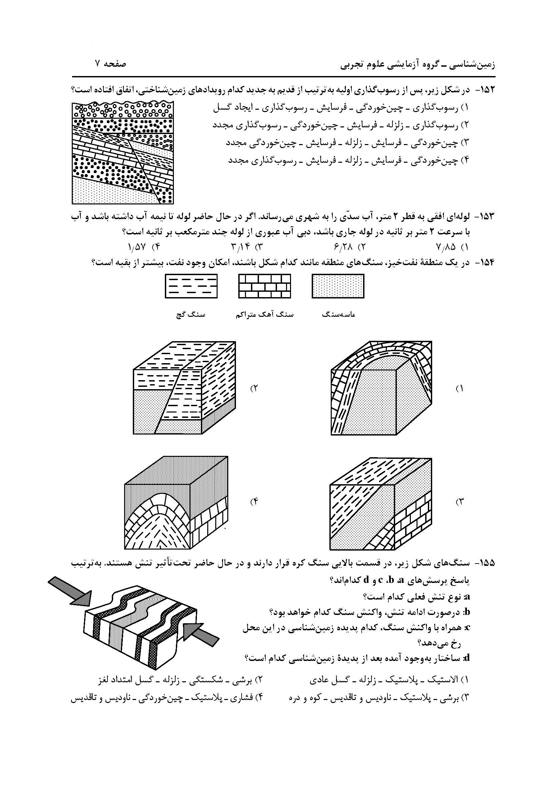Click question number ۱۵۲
click(x=485, y=90)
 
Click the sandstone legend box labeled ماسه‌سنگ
click(x=338, y=286)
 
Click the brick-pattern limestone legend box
click(x=265, y=286)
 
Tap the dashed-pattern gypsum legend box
click(x=191, y=286)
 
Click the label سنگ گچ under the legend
click(x=190, y=314)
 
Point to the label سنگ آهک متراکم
click(x=265, y=314)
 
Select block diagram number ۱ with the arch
click(x=381, y=388)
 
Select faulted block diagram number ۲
click(x=184, y=388)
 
